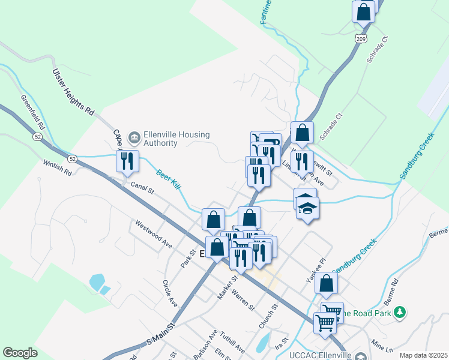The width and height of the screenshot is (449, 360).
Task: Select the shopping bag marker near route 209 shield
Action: pos(363,12)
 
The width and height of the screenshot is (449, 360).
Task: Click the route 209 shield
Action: pos(361,39)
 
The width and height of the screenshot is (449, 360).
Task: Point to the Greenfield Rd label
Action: pos(33,112)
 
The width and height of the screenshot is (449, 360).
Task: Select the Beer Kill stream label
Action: pos(169,179)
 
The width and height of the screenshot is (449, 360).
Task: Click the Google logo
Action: pos(20,353)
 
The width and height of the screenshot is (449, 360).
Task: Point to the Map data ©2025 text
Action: pos(423,355)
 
